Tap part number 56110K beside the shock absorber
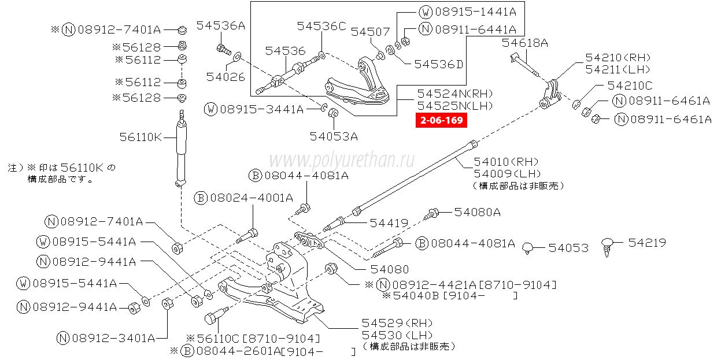(140, 138)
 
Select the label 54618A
(524, 43)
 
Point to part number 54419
(389, 222)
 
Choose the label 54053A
(334, 137)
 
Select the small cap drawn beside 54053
(527, 248)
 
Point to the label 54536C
(321, 26)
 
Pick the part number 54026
(225, 76)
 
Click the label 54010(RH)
(506, 162)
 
